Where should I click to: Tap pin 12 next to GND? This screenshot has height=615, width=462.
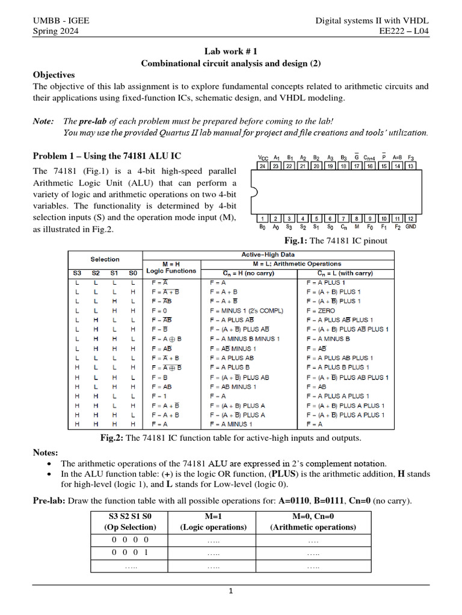pos(410,218)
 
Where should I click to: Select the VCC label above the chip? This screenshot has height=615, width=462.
pos(263,157)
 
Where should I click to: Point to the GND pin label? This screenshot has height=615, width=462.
pos(410,227)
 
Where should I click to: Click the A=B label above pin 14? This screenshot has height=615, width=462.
pos(396,157)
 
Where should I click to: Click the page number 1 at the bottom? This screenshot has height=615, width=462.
pos(230,590)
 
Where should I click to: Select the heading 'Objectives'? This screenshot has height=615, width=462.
pos(54,75)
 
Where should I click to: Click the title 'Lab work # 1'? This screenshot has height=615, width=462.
pos(231,52)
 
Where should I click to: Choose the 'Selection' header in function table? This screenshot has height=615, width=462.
pos(105,259)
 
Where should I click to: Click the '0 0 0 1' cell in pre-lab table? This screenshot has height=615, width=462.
pos(131,552)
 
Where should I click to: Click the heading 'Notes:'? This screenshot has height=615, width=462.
pos(46,452)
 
